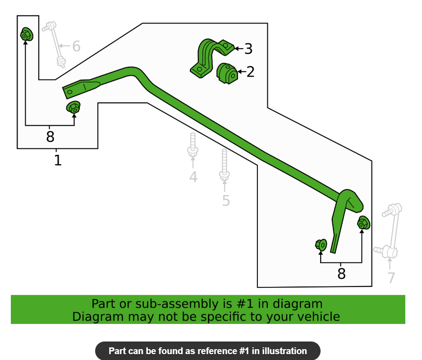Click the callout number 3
pos(248,49)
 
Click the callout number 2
pos(251,72)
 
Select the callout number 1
pos(58,160)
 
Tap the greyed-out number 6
pos(77,46)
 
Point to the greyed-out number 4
pos(193,177)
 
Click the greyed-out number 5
pos(226,201)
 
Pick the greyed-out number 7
pos(391,277)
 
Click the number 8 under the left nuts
pos(50,137)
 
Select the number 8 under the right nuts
pos(341,273)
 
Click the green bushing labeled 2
pos(227,74)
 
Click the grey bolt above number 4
pos(193,145)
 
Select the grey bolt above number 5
pos(225,165)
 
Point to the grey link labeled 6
pos(55,44)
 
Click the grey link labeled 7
pos(388,231)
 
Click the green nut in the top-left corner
pos(27,34)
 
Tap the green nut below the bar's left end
pos(73,107)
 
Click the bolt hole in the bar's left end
pos(70,92)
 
